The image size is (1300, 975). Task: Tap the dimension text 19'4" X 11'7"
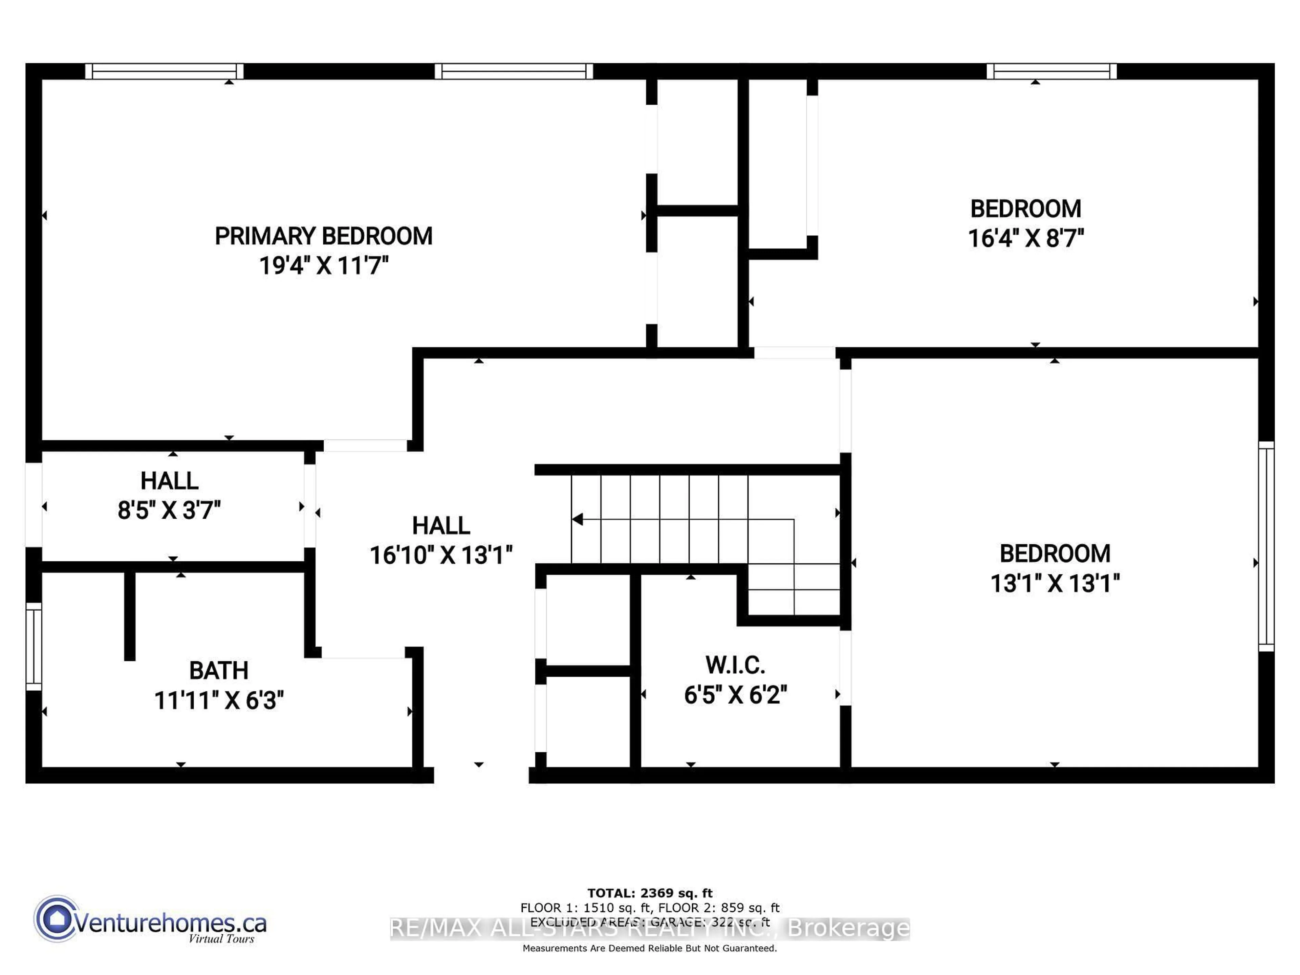324,266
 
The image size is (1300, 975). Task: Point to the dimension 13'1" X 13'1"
1055,584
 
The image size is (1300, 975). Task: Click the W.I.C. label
735,665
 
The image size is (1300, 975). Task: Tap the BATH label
219,671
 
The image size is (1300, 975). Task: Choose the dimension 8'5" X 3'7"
169,510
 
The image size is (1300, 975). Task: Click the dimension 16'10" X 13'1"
441,555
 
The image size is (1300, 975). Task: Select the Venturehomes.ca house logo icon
57,918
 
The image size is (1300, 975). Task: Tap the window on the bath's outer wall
34,647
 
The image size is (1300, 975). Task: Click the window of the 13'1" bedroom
1266,546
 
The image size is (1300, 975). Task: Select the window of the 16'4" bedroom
1052,71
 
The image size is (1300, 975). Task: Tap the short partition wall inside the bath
130,615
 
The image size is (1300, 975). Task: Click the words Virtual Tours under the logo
221,938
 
